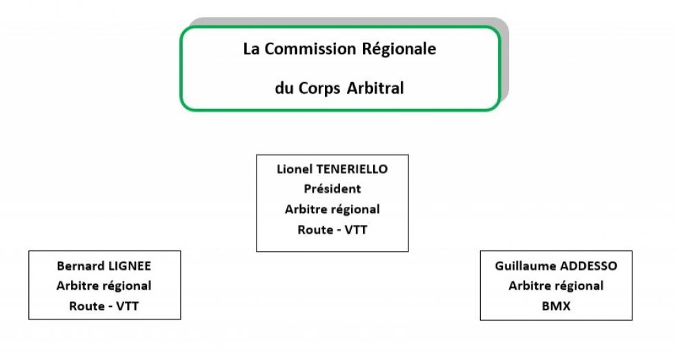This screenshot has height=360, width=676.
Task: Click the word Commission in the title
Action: (x=310, y=49)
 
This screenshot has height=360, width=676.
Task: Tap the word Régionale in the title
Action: (x=399, y=49)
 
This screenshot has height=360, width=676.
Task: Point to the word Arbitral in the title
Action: (x=375, y=88)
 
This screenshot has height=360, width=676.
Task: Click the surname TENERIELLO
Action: (x=352, y=169)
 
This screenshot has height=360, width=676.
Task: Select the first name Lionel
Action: (x=295, y=169)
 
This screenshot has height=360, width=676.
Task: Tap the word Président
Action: (x=332, y=189)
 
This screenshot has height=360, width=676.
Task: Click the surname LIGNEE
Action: (x=130, y=266)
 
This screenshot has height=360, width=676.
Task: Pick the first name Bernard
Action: (x=81, y=266)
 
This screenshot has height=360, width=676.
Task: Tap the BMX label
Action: (x=556, y=306)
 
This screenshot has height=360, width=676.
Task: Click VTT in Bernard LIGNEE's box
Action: (x=127, y=306)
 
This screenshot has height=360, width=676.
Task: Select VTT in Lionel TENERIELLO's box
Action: (x=356, y=230)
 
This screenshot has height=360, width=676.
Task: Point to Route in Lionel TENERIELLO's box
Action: (x=316, y=230)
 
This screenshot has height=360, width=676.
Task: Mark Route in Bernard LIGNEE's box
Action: (x=87, y=306)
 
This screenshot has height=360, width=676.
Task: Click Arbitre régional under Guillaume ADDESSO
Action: (x=556, y=286)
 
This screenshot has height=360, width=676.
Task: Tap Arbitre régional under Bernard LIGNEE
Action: (x=104, y=286)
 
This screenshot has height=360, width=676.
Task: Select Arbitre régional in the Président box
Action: (x=332, y=210)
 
